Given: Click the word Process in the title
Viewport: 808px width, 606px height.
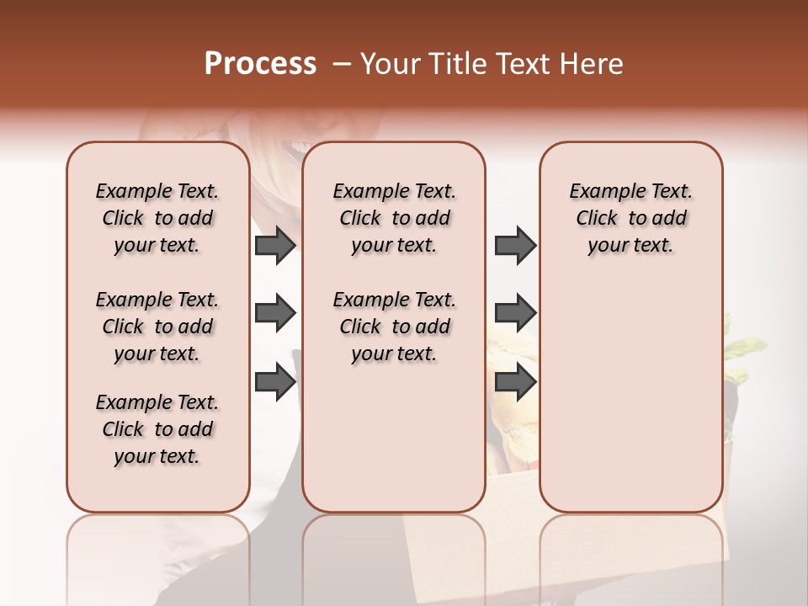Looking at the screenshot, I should (260, 64).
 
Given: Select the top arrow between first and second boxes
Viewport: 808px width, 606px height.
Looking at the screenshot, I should (275, 246).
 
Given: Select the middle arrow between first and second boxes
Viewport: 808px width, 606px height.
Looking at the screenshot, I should (275, 313).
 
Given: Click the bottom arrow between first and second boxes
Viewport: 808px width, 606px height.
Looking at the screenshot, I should (275, 381).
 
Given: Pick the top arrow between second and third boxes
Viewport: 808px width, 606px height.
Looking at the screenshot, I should (515, 246).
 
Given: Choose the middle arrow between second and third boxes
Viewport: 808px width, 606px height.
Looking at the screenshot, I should (515, 313).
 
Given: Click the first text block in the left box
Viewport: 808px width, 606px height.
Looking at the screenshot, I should (157, 218).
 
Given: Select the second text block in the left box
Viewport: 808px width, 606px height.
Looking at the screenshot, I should (157, 327).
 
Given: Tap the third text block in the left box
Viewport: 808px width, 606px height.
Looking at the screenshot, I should (157, 429).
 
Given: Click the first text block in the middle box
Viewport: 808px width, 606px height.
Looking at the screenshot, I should (395, 218).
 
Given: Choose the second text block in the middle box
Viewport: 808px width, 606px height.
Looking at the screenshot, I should (395, 327).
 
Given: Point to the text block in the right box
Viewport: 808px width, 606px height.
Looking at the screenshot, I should (631, 218).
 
